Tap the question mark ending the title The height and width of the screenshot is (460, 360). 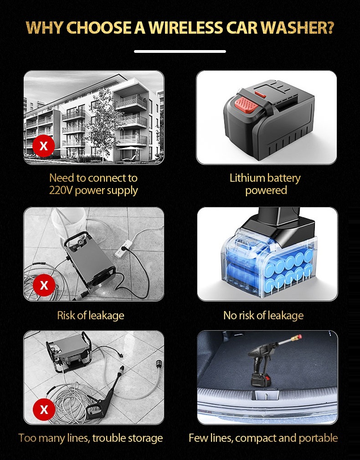330,27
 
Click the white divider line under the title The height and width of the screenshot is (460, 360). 180,51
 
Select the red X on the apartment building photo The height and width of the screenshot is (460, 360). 43,146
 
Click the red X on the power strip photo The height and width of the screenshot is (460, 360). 44,285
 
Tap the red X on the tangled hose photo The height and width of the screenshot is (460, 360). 44,409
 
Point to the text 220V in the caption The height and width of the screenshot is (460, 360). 61,190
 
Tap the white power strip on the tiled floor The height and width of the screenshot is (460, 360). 124,249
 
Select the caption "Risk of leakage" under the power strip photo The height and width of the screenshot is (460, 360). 90,315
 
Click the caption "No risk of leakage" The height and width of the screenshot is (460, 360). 263,315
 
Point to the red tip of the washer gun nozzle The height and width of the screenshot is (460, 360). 298,337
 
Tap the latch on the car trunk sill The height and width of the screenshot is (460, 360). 265,394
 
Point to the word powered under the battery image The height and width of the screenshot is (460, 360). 266,190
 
